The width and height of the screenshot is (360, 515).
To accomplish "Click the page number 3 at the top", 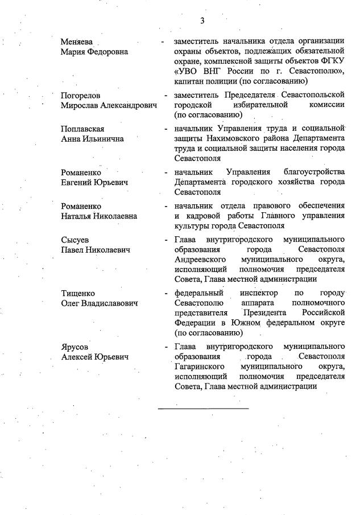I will point(202,21).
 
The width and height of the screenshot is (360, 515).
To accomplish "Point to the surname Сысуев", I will point(75,240).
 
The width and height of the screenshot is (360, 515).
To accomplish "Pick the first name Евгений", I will point(77,182).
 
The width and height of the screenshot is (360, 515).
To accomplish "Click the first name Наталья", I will point(77,216).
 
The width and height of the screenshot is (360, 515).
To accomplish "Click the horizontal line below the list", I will point(203,408).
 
